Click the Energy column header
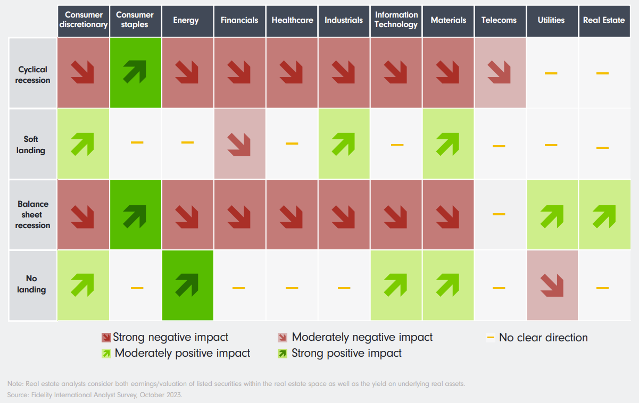click(x=186, y=20)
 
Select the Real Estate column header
click(x=603, y=20)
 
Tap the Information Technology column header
click(x=396, y=20)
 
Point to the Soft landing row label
click(x=31, y=145)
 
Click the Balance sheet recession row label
click(x=33, y=215)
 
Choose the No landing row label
click(x=31, y=284)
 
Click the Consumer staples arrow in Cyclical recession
click(x=135, y=72)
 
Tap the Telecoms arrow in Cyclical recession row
click(x=499, y=72)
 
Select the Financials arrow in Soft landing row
click(x=239, y=144)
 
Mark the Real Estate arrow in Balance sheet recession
click(x=603, y=214)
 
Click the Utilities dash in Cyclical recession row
click(x=551, y=73)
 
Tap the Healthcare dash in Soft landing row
click(x=292, y=144)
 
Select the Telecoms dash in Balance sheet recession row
click(x=499, y=214)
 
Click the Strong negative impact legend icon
click(x=106, y=338)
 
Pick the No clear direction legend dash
click(x=491, y=337)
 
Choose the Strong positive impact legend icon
click(x=283, y=353)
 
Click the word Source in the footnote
click(x=17, y=394)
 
